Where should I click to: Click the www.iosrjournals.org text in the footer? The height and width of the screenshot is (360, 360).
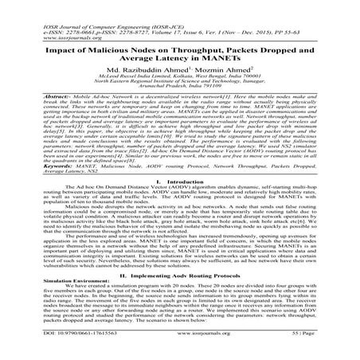coord(180,347)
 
